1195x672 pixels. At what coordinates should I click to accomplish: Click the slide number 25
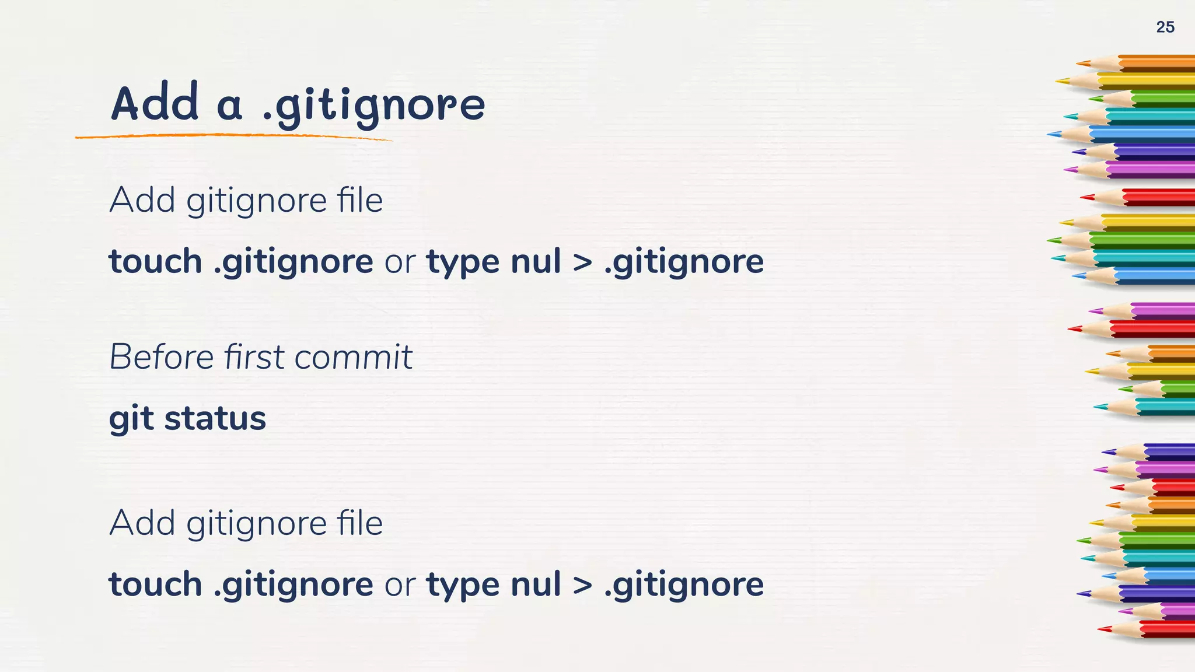pos(1165,27)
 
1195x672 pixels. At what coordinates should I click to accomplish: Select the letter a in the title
pos(229,106)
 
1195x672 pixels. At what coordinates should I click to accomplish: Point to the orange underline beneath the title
pos(233,136)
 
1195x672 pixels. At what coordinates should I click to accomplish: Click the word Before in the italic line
pos(162,356)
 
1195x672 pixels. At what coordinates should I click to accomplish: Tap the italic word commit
pos(353,356)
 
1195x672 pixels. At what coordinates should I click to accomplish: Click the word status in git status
pos(215,418)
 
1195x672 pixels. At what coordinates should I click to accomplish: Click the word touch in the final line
pos(155,584)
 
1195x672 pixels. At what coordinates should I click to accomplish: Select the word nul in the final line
pos(536,584)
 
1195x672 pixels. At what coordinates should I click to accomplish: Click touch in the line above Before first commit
pos(155,261)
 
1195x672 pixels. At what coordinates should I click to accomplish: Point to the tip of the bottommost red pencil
pos(1100,629)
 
